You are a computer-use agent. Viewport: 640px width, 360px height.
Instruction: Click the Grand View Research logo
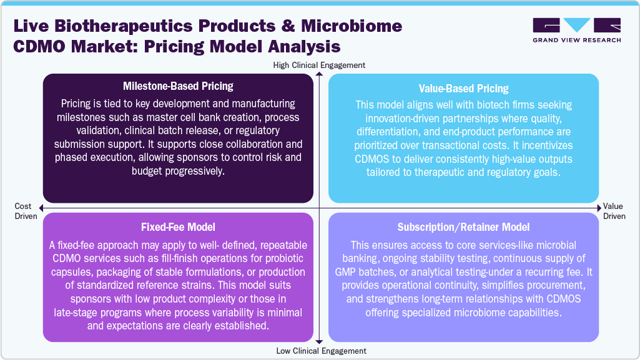(x=576, y=30)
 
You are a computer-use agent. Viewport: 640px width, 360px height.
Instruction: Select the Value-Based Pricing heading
(x=463, y=89)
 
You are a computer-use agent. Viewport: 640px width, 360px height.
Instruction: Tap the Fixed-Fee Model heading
(x=178, y=228)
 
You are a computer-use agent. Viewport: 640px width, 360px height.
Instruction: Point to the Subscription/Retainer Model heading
(x=463, y=228)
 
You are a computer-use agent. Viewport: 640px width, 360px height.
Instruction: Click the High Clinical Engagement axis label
(x=319, y=65)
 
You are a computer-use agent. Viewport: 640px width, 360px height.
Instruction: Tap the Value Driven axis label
(x=614, y=212)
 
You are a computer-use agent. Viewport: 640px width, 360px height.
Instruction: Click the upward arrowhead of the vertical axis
(x=319, y=75)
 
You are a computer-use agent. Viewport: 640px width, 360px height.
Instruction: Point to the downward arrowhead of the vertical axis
(x=319, y=341)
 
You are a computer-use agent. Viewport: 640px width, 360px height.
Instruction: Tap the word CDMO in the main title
(x=39, y=47)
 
